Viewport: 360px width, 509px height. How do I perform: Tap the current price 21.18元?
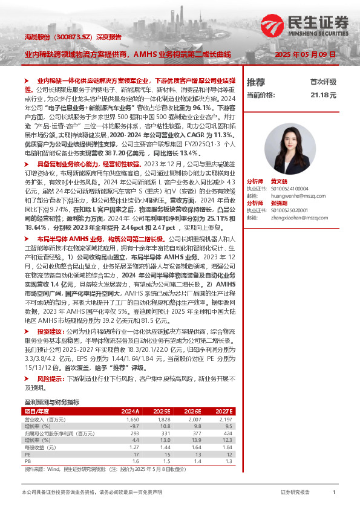tap(324, 96)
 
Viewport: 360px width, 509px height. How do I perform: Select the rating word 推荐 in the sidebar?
tap(256, 82)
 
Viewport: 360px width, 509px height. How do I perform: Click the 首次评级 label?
tap(323, 82)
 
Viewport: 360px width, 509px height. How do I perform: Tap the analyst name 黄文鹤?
tap(279, 181)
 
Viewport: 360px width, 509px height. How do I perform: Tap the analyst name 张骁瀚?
tap(279, 203)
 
